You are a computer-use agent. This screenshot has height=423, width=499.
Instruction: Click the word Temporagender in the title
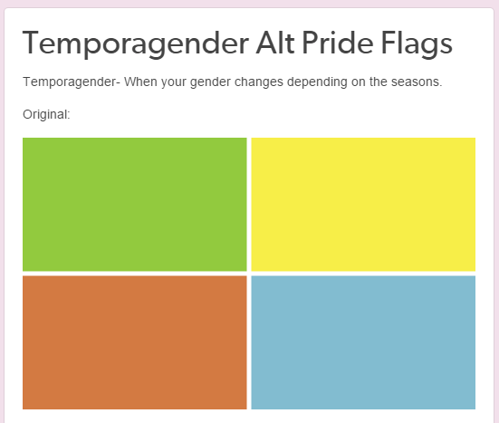tap(136, 43)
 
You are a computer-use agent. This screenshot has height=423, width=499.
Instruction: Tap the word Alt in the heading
tap(275, 43)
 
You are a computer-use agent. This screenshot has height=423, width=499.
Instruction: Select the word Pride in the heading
tap(337, 43)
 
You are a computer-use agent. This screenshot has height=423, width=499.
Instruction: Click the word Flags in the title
tap(417, 43)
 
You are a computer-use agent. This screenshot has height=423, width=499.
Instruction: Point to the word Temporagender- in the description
tap(72, 82)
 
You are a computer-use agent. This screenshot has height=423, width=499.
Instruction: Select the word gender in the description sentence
tap(210, 82)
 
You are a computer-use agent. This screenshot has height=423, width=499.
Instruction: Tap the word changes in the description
tap(259, 82)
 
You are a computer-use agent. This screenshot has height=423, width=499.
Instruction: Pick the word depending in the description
tap(317, 82)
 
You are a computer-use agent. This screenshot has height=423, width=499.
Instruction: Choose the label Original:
tap(46, 115)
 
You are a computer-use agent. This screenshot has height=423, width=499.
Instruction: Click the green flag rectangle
tap(135, 205)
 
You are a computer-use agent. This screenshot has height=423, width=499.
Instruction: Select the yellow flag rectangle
tap(363, 205)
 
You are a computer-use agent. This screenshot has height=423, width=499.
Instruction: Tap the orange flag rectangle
tap(135, 342)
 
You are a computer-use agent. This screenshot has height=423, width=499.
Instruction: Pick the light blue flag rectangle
tap(363, 342)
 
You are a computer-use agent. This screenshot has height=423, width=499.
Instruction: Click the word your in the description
tap(174, 82)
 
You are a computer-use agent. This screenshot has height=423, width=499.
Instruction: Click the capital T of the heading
tap(34, 43)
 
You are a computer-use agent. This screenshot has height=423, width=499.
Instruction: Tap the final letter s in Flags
tap(446, 45)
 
